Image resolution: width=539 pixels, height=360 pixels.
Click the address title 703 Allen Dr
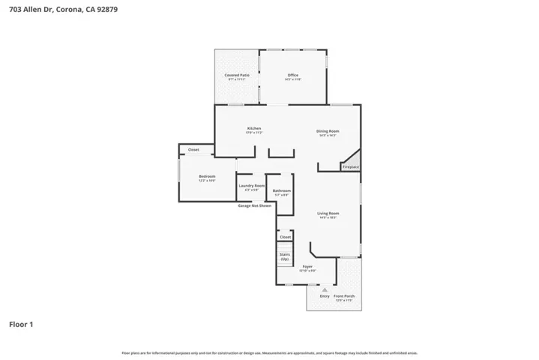tap(63, 10)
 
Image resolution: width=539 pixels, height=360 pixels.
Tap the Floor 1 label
tap(21, 325)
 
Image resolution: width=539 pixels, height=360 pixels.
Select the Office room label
tap(293, 75)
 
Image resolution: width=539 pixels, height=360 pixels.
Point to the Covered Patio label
tap(237, 75)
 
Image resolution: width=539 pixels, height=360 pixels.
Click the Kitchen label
tap(254, 129)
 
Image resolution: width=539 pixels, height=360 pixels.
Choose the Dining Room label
tap(328, 131)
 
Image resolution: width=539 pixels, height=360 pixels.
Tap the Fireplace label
tap(351, 166)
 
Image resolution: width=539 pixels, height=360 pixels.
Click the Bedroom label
tap(207, 176)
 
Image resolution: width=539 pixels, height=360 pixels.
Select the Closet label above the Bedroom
tap(193, 150)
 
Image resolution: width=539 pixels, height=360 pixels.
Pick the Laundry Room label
tap(251, 185)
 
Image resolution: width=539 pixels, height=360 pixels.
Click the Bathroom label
tap(281, 190)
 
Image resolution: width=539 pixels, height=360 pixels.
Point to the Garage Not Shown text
tap(254, 205)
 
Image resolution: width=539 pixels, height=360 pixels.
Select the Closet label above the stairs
tap(285, 237)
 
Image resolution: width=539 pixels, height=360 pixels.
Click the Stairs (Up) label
tap(285, 256)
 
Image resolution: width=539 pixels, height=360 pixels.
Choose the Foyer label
tap(307, 266)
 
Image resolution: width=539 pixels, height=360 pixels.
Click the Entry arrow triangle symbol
tap(325, 289)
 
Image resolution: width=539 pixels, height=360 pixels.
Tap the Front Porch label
tap(345, 296)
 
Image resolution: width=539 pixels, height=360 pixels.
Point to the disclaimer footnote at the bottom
tap(269, 352)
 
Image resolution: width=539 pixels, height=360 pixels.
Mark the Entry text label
tap(325, 296)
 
